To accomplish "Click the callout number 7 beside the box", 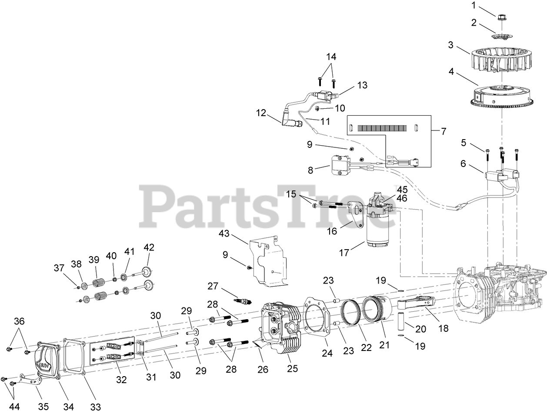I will click(x=443, y=131).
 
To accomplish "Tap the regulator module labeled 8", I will click(x=337, y=165).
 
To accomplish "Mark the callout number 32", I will click(x=121, y=379).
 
